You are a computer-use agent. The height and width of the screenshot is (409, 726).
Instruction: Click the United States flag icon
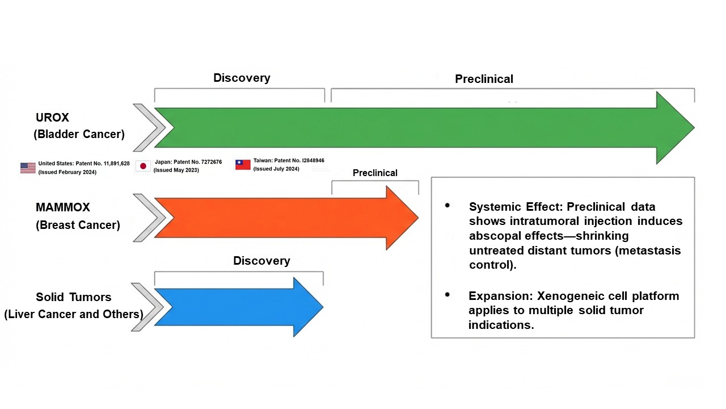click(28, 168)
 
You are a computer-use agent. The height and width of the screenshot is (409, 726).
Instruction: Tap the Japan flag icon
click(143, 166)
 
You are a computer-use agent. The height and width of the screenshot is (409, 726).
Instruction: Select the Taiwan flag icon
click(243, 165)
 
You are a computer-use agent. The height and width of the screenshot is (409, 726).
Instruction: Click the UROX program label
click(52, 118)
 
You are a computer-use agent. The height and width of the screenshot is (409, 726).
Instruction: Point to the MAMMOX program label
click(62, 207)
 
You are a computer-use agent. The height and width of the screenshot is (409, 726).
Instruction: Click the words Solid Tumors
click(74, 297)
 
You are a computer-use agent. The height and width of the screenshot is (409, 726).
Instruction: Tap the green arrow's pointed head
click(694, 128)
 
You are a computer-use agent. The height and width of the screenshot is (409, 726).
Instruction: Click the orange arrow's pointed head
click(418, 218)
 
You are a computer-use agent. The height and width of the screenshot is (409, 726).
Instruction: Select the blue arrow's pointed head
click(323, 307)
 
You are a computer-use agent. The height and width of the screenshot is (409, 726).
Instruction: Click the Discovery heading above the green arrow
click(242, 78)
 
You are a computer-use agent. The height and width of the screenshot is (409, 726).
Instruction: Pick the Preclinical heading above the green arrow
click(484, 79)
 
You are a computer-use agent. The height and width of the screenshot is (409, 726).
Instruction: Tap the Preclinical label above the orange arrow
click(375, 173)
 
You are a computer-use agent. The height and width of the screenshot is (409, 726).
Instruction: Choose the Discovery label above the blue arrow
click(261, 261)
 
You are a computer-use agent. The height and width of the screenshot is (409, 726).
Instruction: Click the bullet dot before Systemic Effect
click(448, 205)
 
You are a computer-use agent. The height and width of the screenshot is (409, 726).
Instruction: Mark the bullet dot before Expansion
click(448, 295)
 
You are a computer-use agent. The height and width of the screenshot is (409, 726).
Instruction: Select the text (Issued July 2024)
click(276, 169)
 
